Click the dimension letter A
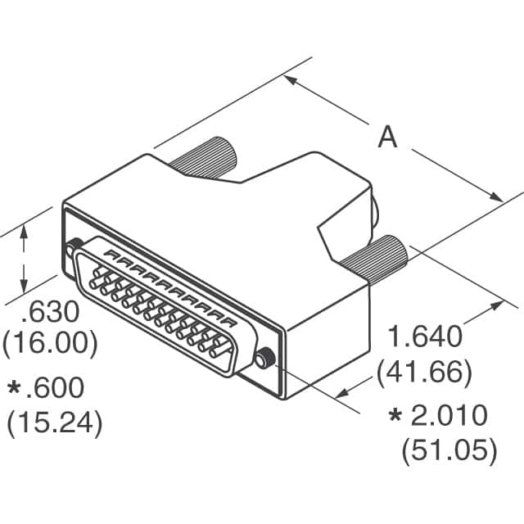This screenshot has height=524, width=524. [387, 137]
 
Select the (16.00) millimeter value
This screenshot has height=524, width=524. [51, 341]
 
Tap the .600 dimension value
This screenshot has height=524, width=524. [59, 387]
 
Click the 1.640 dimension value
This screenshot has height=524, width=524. [424, 337]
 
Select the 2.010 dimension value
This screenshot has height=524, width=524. [449, 416]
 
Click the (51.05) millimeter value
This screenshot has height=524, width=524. [449, 449]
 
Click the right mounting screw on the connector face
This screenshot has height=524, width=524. [264, 357]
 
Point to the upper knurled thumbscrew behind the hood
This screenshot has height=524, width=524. [205, 156]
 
